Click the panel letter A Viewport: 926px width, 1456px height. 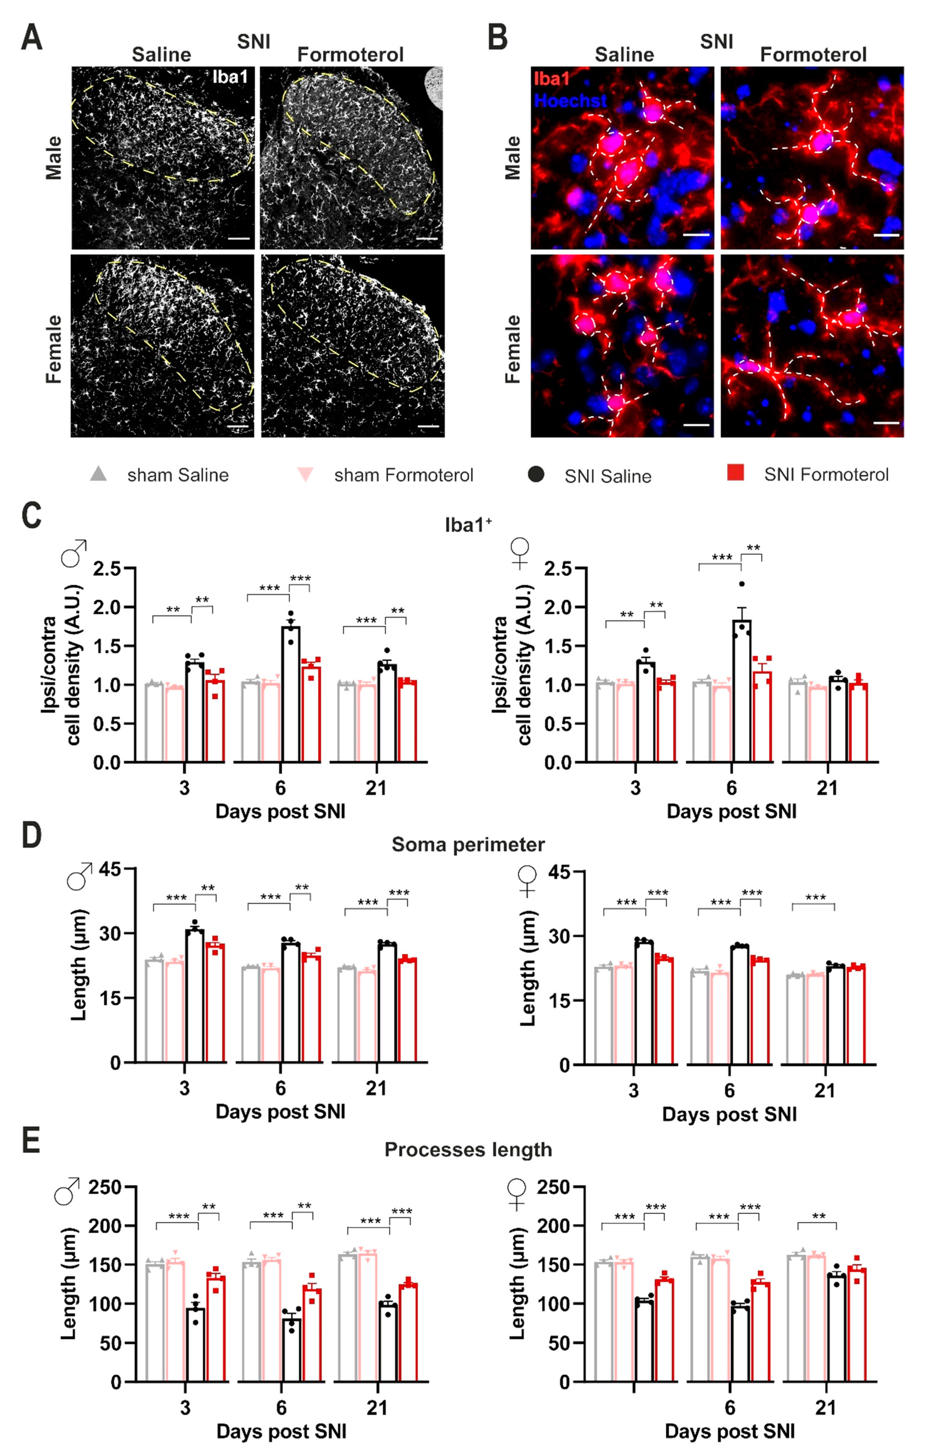[31, 37]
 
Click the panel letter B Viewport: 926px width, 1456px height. [497, 37]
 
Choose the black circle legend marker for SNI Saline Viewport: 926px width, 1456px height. [535, 475]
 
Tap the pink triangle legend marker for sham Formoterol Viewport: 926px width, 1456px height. [305, 475]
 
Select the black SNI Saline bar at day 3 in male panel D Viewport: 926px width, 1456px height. [195, 997]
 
